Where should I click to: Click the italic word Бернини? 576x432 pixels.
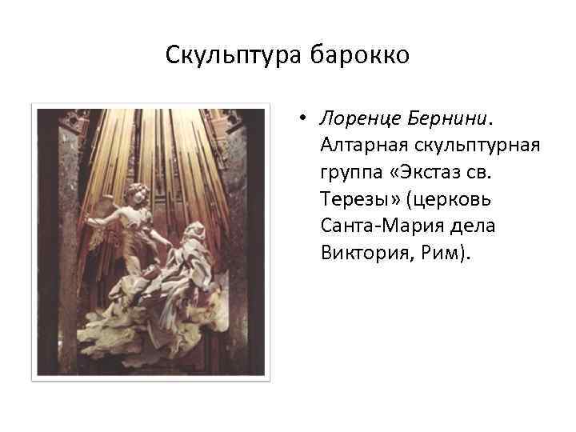(x=450, y=118)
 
